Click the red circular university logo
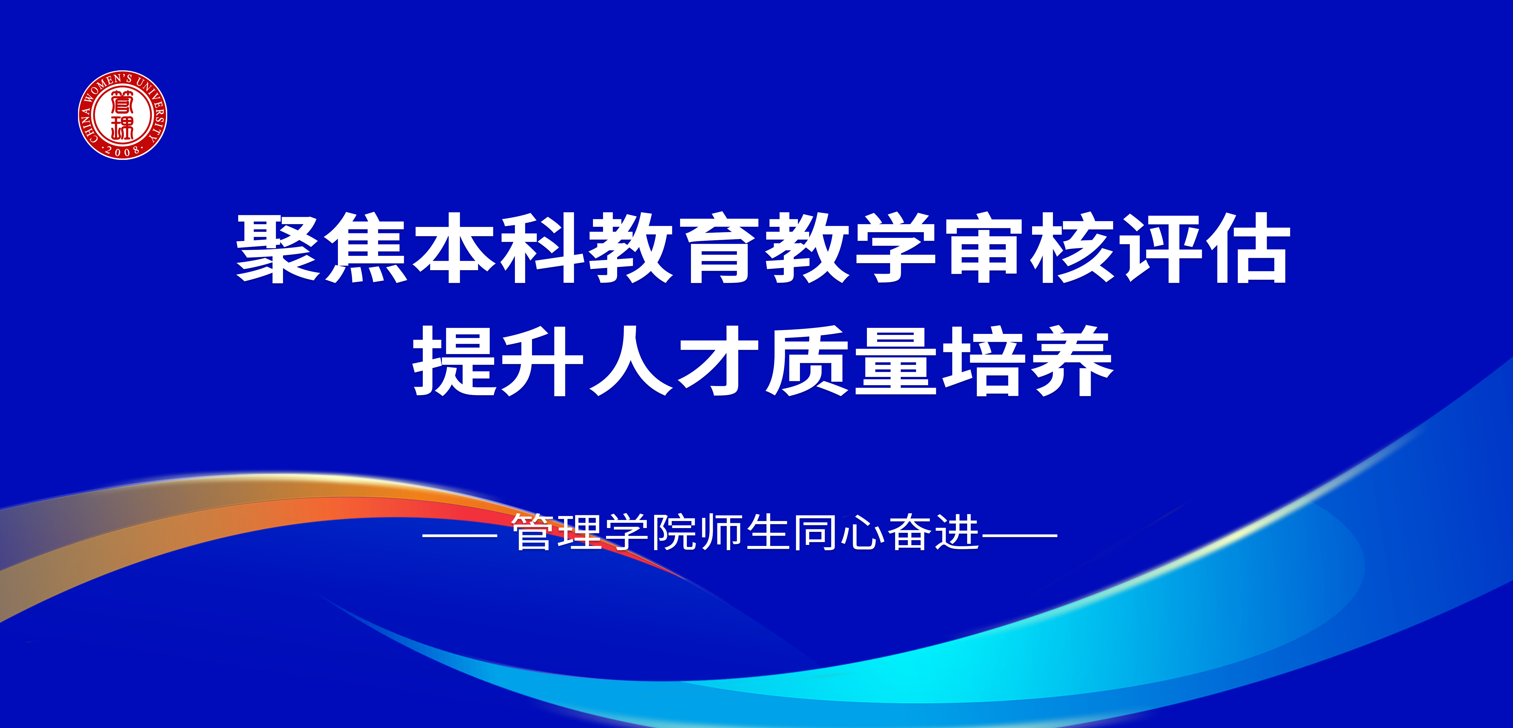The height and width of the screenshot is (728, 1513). click(123, 115)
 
